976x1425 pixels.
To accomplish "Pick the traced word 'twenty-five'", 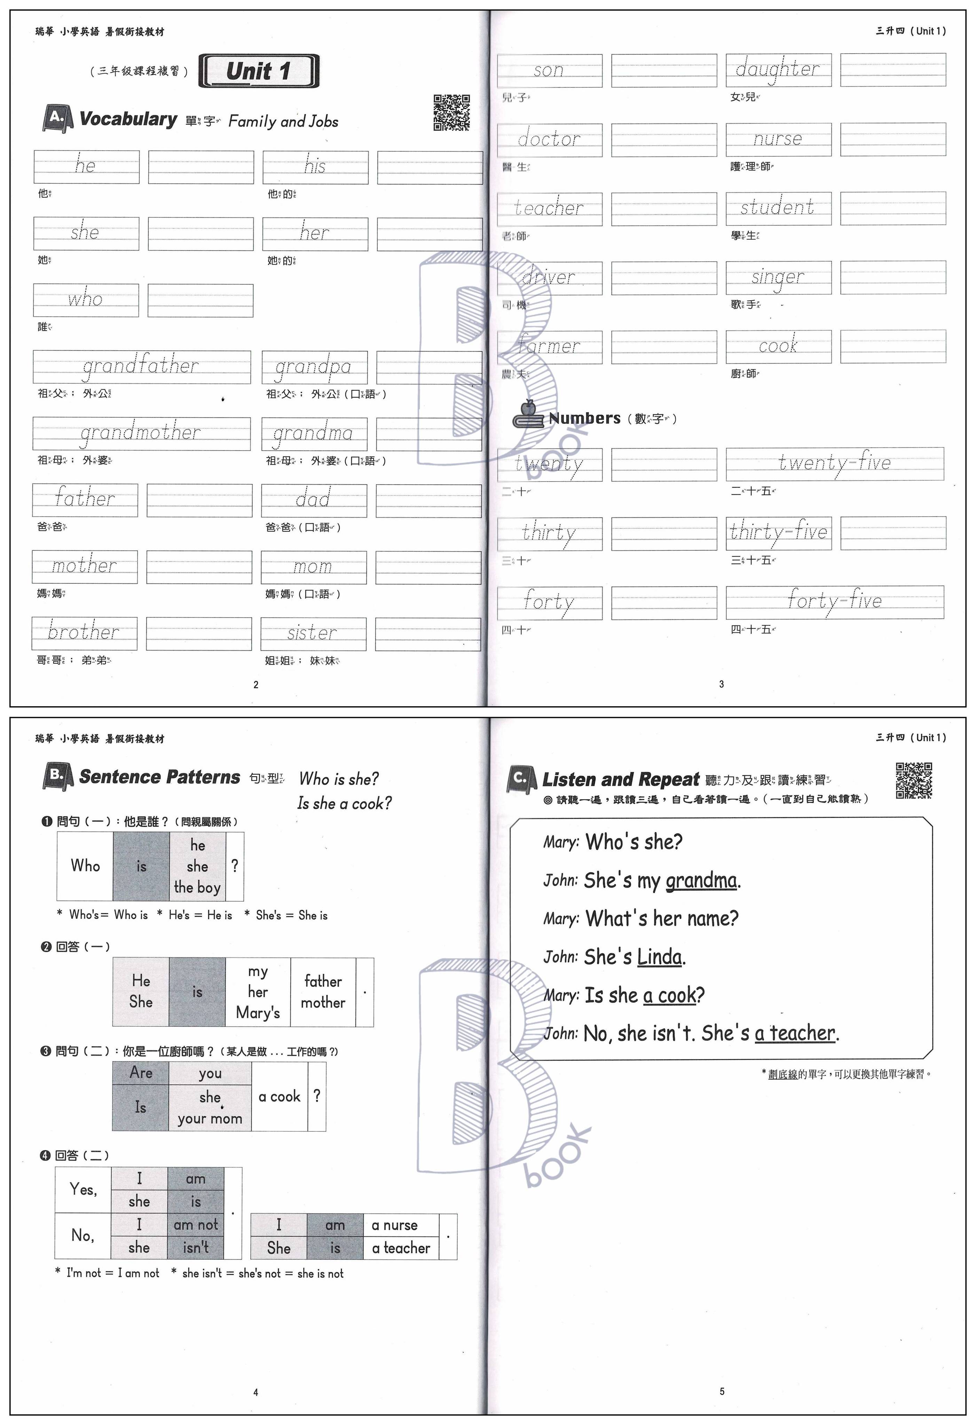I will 834,463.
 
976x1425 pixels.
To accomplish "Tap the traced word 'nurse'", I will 778,139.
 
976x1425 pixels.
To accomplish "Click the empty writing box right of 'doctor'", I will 664,140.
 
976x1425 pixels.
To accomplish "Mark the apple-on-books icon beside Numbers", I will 528,415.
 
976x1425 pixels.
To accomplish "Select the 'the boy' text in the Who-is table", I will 197,887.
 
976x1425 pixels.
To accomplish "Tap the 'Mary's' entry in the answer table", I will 258,1012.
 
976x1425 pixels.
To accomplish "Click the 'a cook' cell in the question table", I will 279,1096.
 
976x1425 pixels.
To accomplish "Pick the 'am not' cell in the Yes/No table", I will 196,1225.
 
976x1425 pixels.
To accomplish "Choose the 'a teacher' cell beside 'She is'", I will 401,1248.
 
